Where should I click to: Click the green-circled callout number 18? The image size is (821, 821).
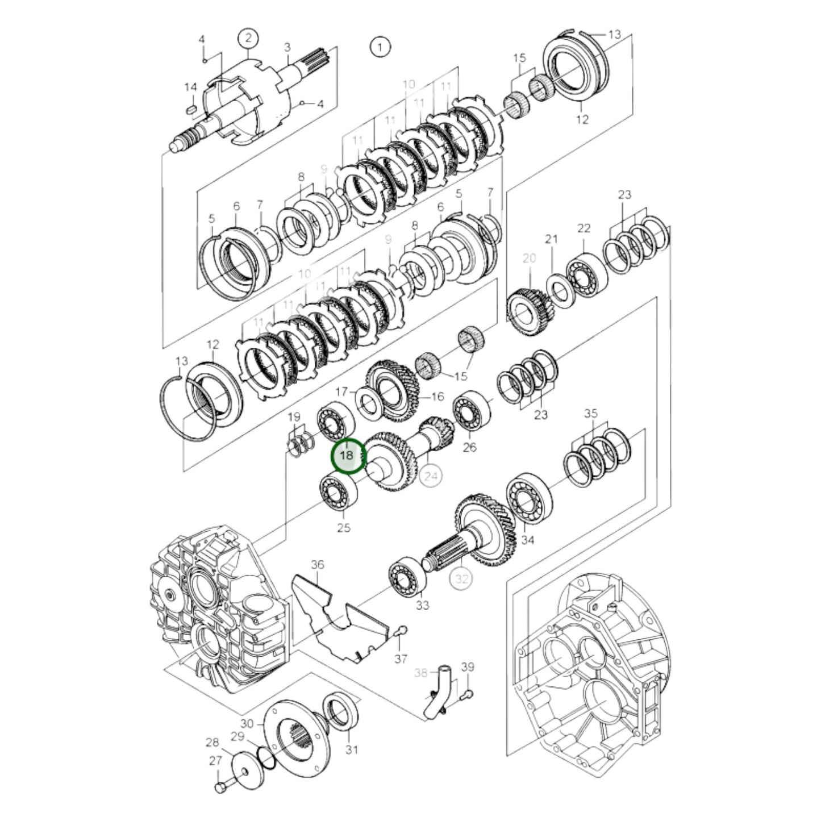click(x=346, y=456)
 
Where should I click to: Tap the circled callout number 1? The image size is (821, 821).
click(x=380, y=47)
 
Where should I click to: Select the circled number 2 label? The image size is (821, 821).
click(x=248, y=39)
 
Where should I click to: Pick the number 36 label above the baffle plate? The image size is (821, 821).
click(x=317, y=564)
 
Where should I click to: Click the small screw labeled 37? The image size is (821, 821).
click(x=402, y=630)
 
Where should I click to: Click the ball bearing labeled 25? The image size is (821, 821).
click(x=338, y=492)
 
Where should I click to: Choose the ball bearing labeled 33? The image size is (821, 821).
click(x=408, y=578)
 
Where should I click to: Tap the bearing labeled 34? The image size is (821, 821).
click(x=529, y=500)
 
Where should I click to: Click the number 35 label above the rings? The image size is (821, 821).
click(x=591, y=413)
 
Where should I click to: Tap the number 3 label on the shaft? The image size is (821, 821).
click(x=287, y=47)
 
